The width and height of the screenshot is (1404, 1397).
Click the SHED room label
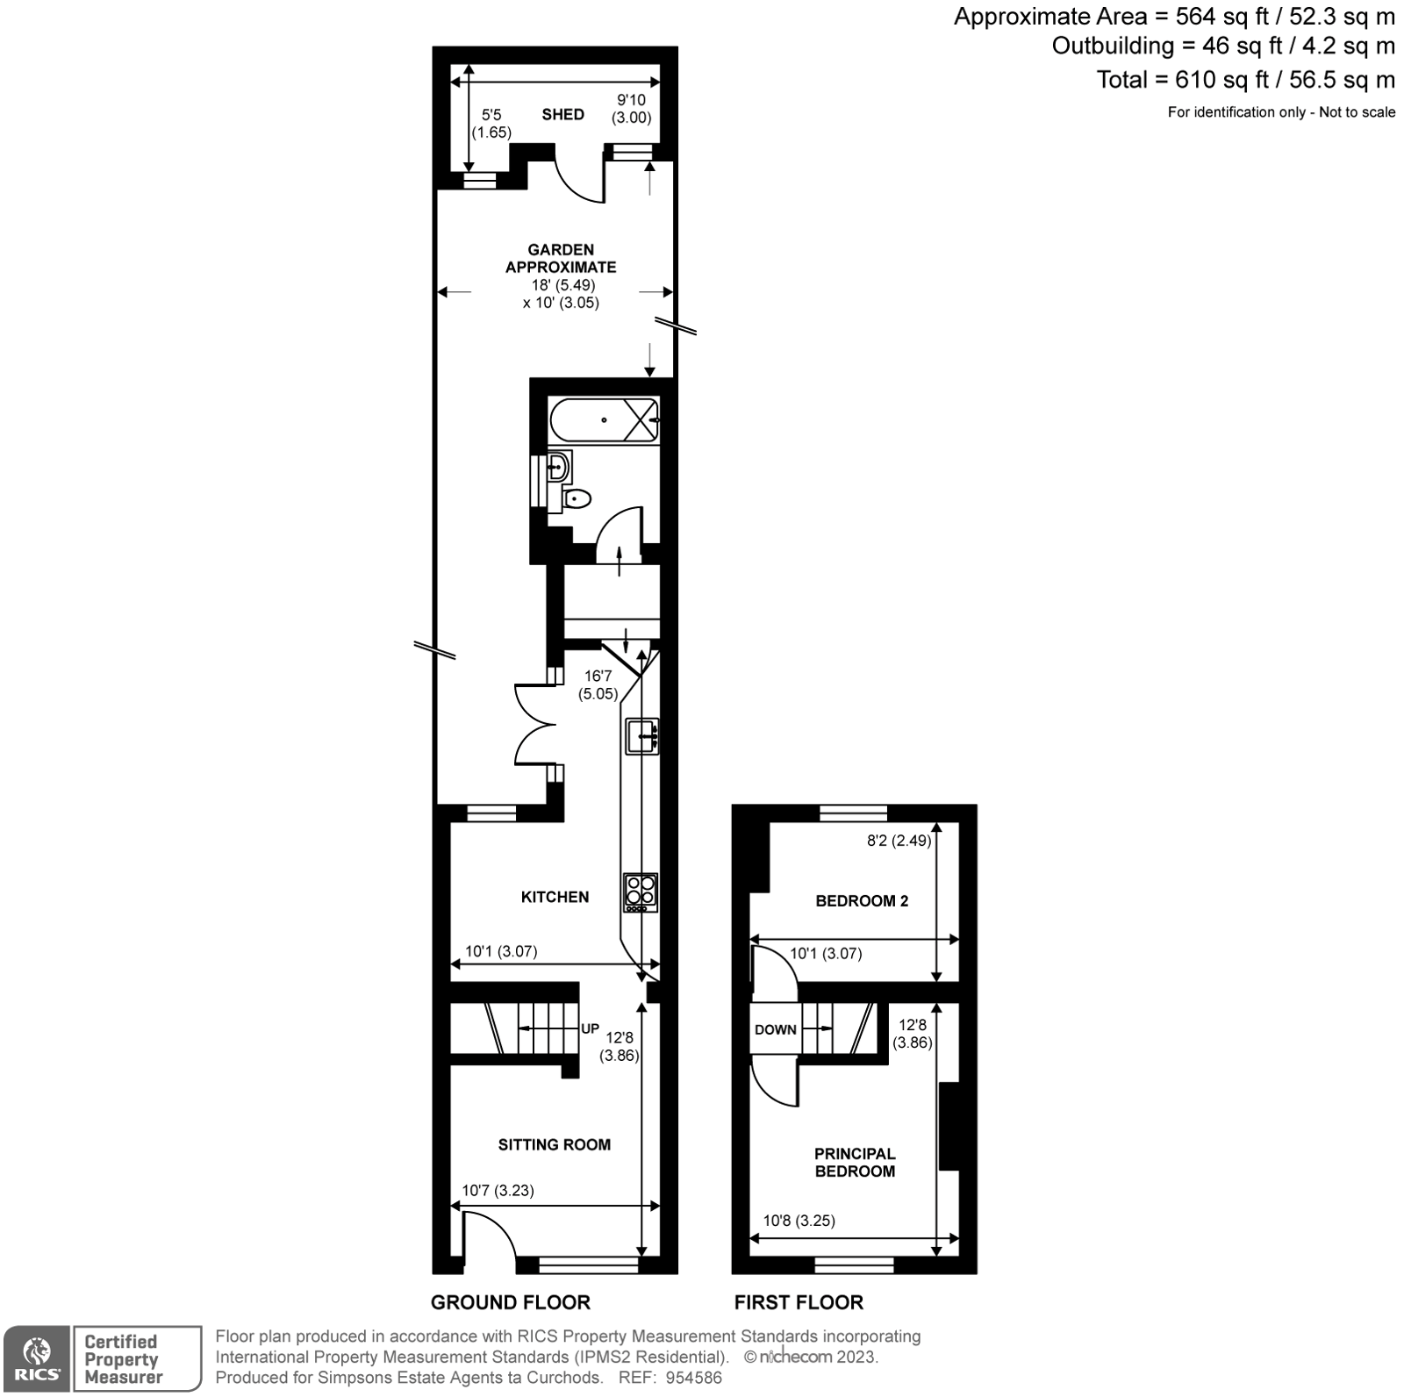[x=562, y=114]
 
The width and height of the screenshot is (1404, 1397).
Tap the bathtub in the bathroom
[x=604, y=419]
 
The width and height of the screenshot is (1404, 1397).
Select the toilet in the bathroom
[x=577, y=499]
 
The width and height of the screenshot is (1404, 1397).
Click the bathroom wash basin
[x=558, y=467]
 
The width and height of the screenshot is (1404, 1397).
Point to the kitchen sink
[x=642, y=735]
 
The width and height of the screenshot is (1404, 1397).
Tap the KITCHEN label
[x=555, y=897]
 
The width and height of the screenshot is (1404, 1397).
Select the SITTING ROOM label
[x=554, y=1144]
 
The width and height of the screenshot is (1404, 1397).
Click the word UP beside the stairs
[x=590, y=1028]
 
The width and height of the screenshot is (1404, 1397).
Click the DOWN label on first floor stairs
[x=776, y=1029]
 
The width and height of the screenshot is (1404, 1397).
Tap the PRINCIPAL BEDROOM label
[x=855, y=1162]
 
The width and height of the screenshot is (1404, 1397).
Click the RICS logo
[x=36, y=1359]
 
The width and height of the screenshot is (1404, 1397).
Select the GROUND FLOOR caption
[x=510, y=1302]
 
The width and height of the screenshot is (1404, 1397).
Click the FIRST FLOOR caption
[x=799, y=1302]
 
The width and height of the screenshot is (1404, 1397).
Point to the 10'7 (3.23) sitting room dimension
[x=498, y=1191]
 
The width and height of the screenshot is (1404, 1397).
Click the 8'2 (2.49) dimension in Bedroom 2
[x=899, y=840]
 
